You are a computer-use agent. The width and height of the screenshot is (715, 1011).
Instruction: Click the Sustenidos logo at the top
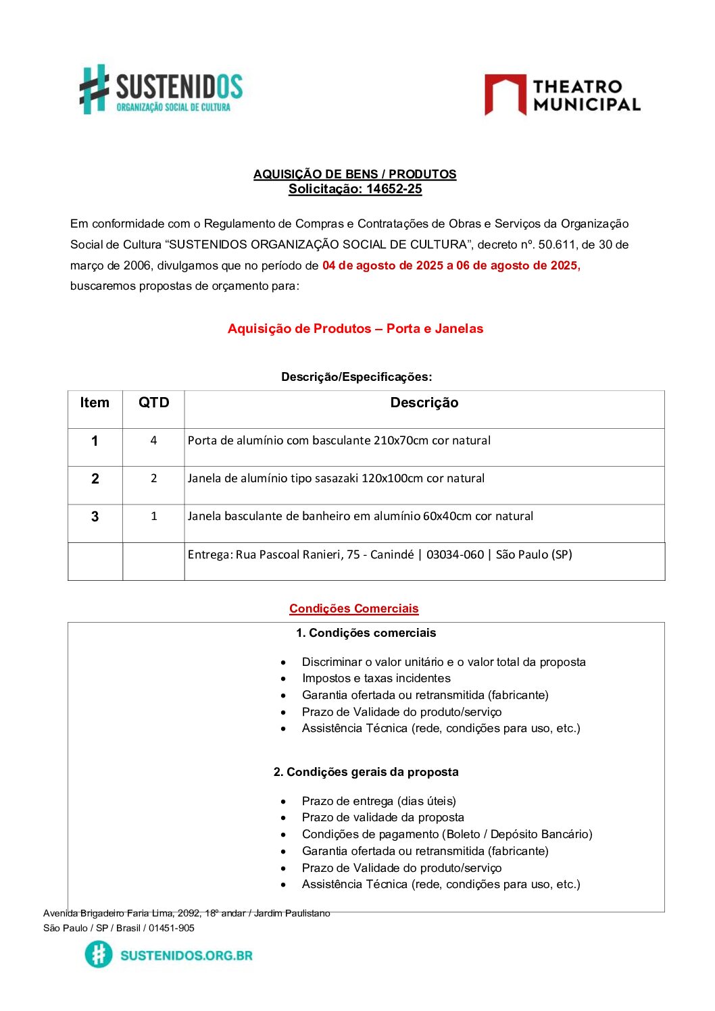click(161, 90)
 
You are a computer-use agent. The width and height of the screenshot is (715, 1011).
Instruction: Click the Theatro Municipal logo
click(562, 95)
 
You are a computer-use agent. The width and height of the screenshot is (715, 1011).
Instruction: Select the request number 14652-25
click(394, 189)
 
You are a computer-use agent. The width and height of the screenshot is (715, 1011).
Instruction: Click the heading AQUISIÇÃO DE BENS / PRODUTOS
click(355, 174)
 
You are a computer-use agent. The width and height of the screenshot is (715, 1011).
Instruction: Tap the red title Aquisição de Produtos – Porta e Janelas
click(355, 329)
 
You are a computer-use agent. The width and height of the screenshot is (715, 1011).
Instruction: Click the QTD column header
click(153, 403)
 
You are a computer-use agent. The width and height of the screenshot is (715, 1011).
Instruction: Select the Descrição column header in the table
click(424, 403)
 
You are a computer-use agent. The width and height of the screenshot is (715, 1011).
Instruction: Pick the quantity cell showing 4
click(153, 440)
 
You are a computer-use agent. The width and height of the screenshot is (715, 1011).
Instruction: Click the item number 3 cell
click(95, 517)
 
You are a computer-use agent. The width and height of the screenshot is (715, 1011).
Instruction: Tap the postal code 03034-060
click(455, 554)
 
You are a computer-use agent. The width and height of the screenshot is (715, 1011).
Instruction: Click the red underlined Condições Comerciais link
click(354, 608)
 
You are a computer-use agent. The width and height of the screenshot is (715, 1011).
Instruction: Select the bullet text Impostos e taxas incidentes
click(376, 678)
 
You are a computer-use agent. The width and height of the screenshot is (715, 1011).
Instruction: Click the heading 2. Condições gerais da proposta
click(366, 772)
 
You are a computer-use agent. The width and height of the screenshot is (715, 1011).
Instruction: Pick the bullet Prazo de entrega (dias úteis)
click(378, 801)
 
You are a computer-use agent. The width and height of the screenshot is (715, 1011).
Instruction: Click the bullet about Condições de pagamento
click(447, 834)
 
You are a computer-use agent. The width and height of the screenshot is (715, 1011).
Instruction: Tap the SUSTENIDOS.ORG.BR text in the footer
click(186, 955)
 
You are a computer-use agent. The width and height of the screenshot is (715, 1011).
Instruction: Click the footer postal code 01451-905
click(172, 928)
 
